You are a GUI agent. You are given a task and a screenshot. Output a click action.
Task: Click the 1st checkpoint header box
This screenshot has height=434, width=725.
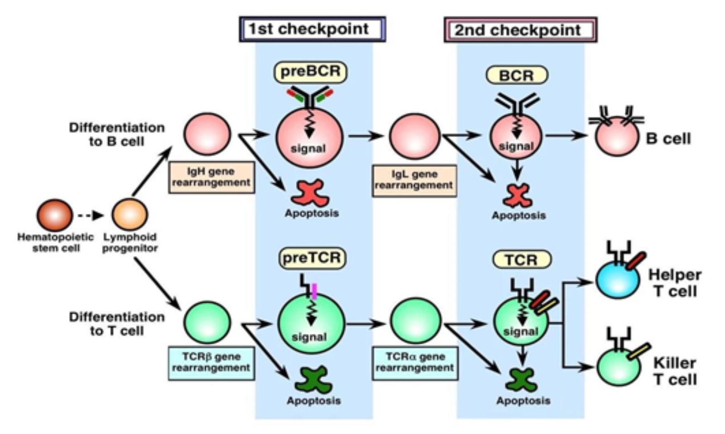coord(312,29)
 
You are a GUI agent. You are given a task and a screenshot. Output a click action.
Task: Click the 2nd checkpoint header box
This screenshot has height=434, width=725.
coord(520,30)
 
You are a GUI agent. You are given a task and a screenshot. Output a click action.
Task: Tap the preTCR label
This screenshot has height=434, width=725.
coord(312,258)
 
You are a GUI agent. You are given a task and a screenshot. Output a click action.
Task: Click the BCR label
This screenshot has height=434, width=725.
coord(517,75)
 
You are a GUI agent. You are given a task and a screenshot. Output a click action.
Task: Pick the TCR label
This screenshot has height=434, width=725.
coord(522,260)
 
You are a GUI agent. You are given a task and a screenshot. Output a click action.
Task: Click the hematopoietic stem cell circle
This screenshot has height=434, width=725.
coord(54,215)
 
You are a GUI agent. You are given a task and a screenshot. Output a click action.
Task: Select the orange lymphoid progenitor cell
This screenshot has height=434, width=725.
coord(130,215)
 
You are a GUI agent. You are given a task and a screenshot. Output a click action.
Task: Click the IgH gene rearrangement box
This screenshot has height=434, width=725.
coord(211,177)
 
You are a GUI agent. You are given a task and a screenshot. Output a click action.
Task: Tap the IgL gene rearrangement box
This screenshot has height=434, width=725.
coord(414,180)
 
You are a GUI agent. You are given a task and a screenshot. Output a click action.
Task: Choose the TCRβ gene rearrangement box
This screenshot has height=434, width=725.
coord(211,362)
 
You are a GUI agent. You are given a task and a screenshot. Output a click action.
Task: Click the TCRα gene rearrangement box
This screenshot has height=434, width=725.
coord(415,362)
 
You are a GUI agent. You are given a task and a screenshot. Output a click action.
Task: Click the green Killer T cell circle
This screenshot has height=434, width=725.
coord(619,367)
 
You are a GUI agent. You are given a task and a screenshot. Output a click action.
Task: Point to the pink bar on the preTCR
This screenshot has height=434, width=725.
coord(314,291)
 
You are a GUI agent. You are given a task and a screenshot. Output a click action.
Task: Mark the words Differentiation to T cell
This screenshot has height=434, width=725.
coord(116,323)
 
